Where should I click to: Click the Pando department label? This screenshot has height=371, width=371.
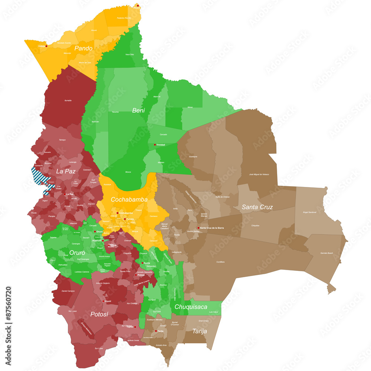click(83, 48)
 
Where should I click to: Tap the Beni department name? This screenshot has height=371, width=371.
click(138, 110)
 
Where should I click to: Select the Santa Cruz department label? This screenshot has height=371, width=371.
click(257, 207)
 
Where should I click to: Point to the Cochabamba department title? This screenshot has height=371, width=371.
click(129, 200)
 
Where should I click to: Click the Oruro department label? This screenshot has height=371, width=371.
click(77, 253)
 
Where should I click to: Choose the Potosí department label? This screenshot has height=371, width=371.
click(99, 314)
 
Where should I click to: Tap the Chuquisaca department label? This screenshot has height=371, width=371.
click(191, 307)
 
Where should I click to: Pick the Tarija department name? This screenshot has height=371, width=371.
click(200, 331)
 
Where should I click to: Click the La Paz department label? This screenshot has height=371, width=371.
click(66, 171)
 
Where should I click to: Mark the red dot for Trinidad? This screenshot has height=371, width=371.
click(155, 145)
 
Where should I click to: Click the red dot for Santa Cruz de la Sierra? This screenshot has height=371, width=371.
click(198, 228)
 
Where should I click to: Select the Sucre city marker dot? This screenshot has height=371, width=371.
click(142, 263)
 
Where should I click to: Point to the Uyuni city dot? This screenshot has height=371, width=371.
click(104, 301)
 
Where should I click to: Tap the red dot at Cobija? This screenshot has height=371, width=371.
click(46, 46)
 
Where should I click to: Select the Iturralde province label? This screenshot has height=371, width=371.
click(68, 100)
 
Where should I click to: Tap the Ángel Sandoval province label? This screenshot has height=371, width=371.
click(309, 212)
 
